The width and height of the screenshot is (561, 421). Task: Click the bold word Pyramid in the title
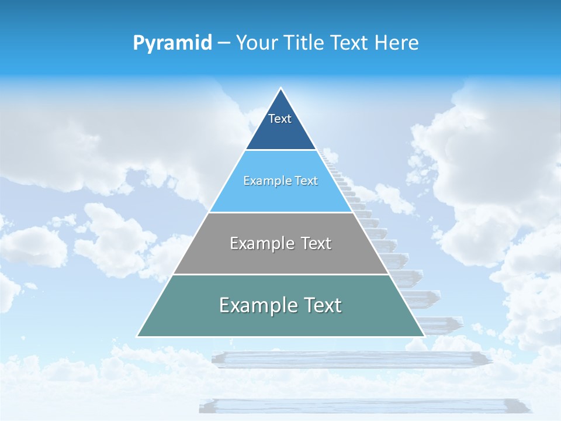172,43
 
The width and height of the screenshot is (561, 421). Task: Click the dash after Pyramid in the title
224,43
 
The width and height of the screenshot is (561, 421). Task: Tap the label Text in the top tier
280,119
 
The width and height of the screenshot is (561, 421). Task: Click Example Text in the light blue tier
280,181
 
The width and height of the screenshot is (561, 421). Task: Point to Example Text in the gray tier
280,243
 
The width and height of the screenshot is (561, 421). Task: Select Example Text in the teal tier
280,305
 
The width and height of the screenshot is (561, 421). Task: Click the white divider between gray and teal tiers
280,274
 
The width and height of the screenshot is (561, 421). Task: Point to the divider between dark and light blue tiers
280,150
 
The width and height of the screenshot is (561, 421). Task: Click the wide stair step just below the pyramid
351,359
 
